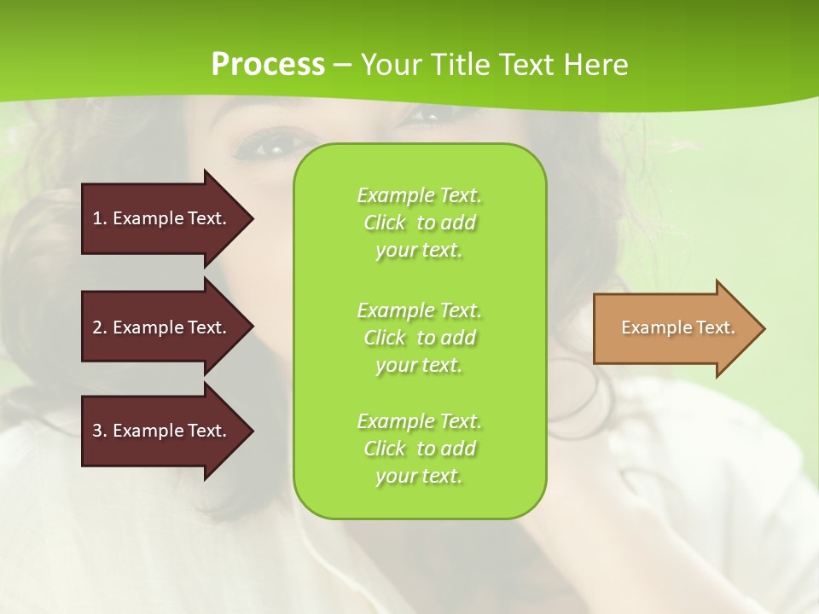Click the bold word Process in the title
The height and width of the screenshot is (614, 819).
(x=268, y=65)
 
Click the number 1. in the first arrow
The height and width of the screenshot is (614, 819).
(x=100, y=218)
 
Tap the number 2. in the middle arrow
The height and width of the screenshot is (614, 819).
(x=100, y=327)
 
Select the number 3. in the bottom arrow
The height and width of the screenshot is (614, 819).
(x=100, y=431)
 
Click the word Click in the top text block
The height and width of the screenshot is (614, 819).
(x=385, y=223)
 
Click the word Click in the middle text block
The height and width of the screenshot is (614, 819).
(x=385, y=338)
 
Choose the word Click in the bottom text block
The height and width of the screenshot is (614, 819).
(x=385, y=449)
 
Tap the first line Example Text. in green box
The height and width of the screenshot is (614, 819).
(x=419, y=195)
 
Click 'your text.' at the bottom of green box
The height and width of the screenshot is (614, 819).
(x=419, y=476)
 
